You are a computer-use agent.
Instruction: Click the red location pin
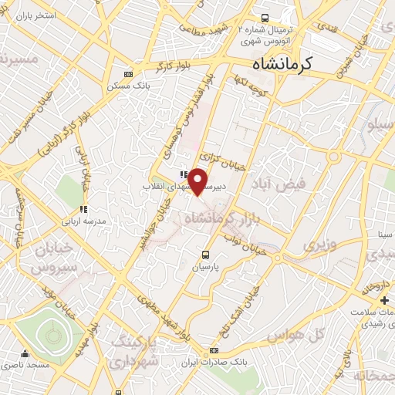198,181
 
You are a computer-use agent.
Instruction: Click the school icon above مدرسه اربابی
83,208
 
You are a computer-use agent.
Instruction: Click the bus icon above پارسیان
204,254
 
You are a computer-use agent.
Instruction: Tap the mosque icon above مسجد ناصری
25,354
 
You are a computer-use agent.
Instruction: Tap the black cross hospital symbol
384,299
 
